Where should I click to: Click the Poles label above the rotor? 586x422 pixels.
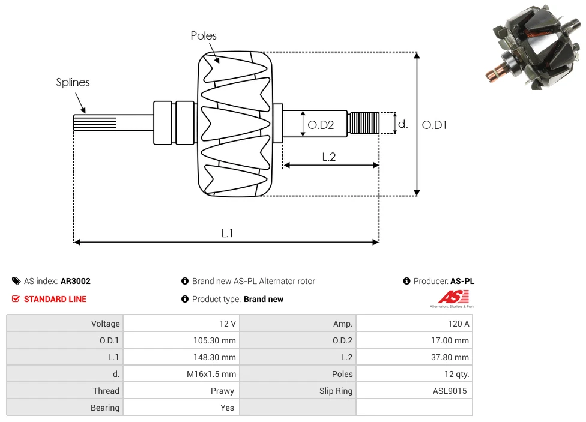[x=204, y=36]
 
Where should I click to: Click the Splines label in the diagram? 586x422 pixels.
[x=73, y=82]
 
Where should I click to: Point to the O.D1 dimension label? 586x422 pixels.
[x=435, y=125]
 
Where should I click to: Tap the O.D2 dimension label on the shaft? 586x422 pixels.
[x=320, y=125]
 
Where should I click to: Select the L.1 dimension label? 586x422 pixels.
[x=227, y=234]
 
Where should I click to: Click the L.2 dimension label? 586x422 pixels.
[x=329, y=157]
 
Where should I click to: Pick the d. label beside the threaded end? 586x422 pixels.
[x=403, y=124]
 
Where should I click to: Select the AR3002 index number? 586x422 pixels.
[x=76, y=281]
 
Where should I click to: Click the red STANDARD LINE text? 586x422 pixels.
[x=55, y=299]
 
